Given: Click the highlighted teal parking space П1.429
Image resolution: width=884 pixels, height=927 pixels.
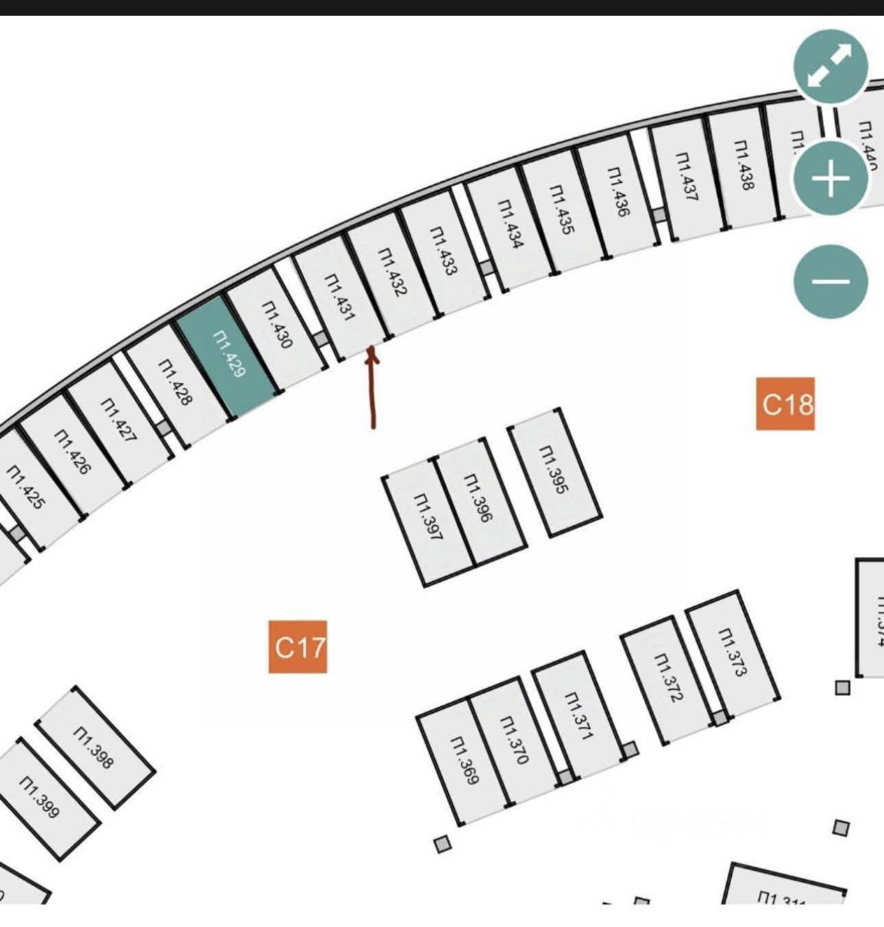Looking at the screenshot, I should pos(228,356).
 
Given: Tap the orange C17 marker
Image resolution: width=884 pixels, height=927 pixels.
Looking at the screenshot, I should pos(297,647).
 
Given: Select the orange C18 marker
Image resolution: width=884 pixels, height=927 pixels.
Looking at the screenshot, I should pos(785,404).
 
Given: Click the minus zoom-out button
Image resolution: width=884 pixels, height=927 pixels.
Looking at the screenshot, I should pos(831,281).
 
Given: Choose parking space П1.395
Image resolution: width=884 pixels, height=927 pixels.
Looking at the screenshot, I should pos(554,471).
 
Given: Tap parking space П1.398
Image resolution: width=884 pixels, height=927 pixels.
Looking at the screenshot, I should pos(95,747).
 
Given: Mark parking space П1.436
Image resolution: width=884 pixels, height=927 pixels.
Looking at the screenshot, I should pos(617,194).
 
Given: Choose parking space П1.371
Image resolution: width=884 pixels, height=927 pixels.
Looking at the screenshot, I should pos(578,715).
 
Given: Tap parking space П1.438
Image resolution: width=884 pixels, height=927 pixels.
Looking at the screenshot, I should pos(744,166).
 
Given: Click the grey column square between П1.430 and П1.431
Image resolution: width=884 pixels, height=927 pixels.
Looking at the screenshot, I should pos(320,339).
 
